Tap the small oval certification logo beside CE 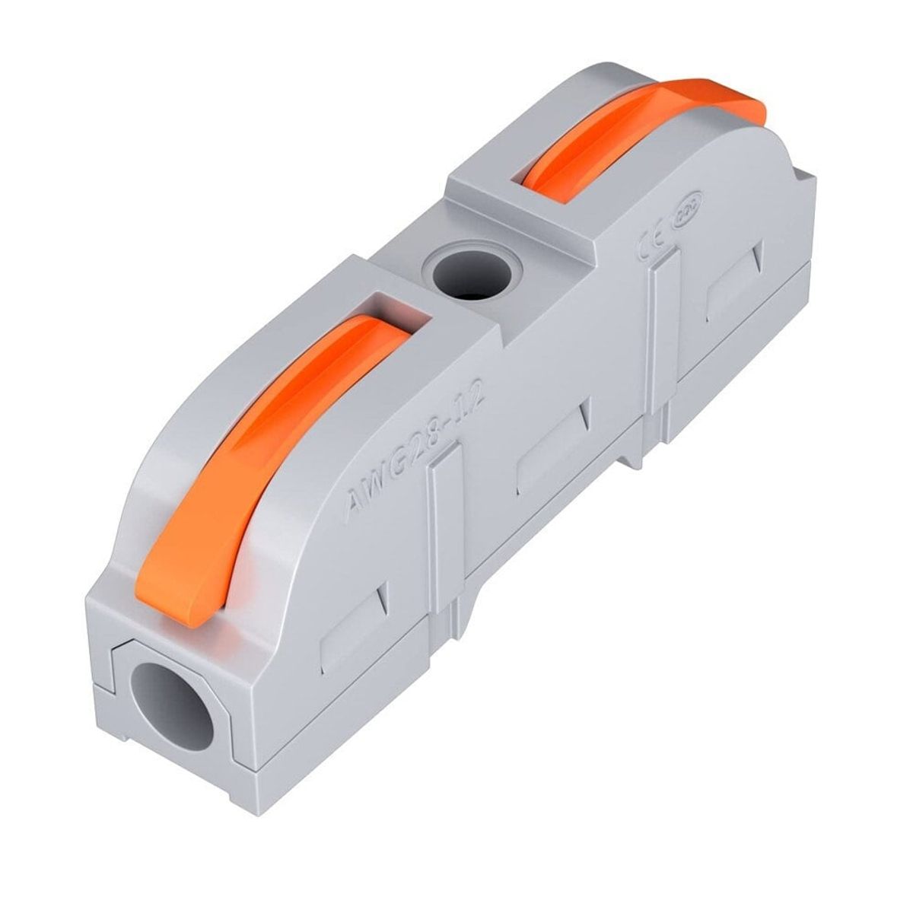pos(676,219)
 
